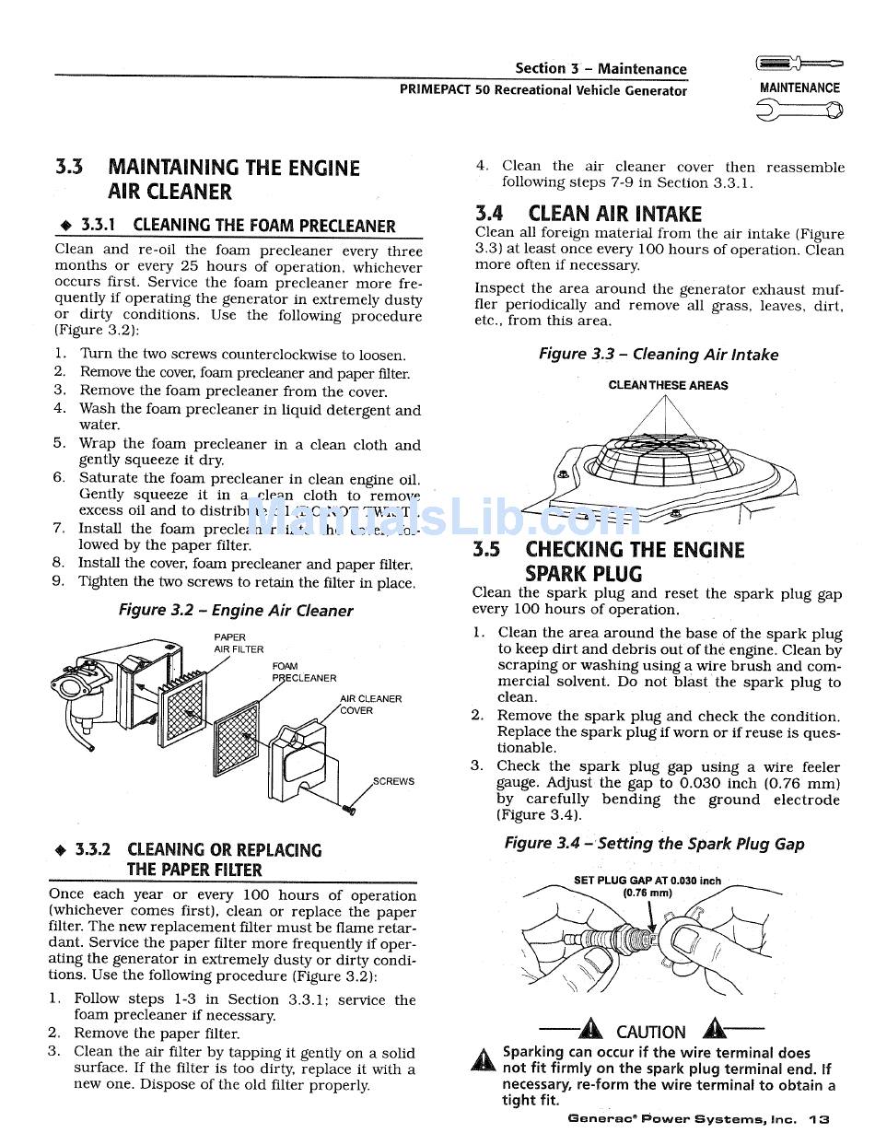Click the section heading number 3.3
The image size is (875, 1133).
pos(69,168)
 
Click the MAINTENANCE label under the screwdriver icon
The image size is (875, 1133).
pos(799,88)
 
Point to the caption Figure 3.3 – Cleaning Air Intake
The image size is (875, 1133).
pos(658,355)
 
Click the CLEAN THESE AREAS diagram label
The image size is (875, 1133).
pos(668,386)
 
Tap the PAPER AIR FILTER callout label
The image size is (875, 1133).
pos(238,643)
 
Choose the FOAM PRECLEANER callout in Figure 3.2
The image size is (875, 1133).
pos(303,672)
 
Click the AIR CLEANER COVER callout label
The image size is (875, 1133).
pos(370,705)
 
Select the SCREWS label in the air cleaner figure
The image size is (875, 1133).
pos(393,781)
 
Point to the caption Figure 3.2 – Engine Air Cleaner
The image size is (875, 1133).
pos(236,611)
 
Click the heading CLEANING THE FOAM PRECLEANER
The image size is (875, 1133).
pos(263,226)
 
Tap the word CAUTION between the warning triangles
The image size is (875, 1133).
pos(650,1032)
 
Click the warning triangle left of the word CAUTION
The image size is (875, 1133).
pos(590,1029)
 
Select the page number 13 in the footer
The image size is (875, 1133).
pos(819,1119)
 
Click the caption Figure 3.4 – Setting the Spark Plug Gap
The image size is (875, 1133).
pos(654,844)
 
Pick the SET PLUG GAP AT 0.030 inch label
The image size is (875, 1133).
pos(647,881)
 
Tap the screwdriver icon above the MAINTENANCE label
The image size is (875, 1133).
pos(798,64)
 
